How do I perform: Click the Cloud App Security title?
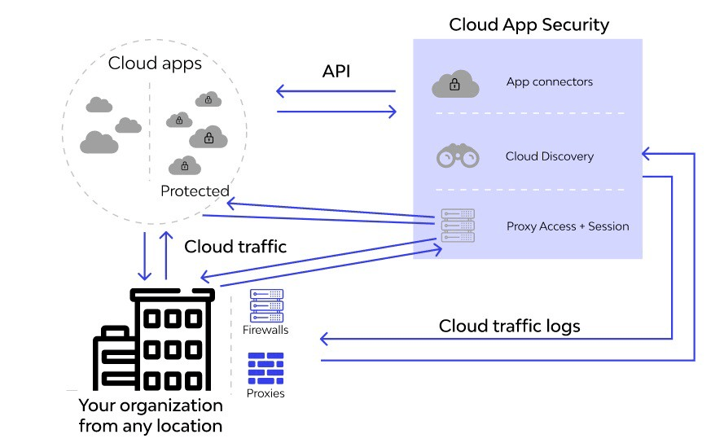[x=529, y=25]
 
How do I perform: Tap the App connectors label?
[x=550, y=81]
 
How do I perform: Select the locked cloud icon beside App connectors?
[x=455, y=84]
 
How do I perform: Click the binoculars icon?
[x=458, y=156]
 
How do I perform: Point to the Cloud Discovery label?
[x=550, y=156]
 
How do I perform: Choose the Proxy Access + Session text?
[x=568, y=226]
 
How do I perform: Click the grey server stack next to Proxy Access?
[x=458, y=226]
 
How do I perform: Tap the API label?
[x=336, y=71]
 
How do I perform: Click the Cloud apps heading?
[x=155, y=64]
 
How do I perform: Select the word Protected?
[x=195, y=191]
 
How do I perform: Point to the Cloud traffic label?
[x=235, y=247]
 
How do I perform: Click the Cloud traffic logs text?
[x=509, y=326]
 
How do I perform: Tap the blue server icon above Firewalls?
[x=266, y=305]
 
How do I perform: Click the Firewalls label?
[x=265, y=330]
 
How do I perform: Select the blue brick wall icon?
[x=265, y=368]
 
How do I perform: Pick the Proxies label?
[x=265, y=393]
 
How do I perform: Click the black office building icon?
[x=154, y=340]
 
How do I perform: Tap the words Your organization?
[x=151, y=406]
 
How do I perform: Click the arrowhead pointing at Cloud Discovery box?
[x=646, y=153]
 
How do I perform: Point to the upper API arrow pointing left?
[x=336, y=91]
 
